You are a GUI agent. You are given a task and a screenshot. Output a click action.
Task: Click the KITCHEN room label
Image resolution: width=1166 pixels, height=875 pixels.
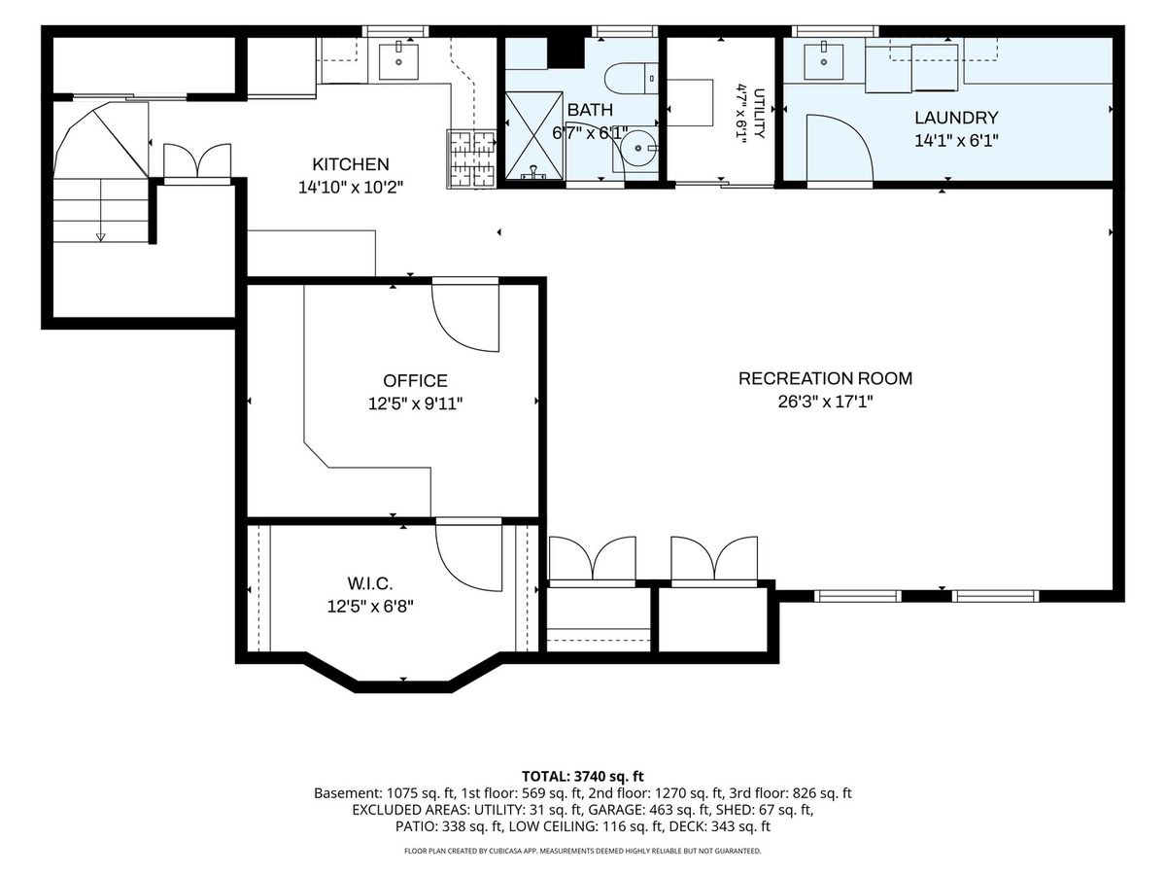350,164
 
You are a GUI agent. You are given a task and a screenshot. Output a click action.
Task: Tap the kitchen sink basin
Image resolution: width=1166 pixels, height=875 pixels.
398,61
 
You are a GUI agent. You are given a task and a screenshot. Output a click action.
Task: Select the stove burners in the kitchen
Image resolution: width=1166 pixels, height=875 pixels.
471,158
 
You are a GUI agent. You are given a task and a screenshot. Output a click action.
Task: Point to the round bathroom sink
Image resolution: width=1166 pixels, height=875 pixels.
634,149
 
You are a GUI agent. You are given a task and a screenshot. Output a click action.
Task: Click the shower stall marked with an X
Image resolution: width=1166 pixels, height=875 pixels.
533,135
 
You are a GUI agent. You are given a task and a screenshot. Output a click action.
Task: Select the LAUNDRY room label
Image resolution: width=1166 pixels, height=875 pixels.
956,118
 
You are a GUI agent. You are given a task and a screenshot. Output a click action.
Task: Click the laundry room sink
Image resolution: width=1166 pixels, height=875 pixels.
823,61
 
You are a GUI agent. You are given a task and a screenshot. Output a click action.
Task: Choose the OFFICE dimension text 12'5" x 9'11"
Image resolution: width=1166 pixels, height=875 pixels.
416,404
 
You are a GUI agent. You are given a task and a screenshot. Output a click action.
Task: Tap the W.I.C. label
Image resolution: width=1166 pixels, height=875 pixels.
370,584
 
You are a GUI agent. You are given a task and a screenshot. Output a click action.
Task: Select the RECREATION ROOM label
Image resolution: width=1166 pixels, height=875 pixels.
826,378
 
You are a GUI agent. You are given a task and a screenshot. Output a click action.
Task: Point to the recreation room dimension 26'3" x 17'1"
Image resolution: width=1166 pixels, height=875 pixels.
826,402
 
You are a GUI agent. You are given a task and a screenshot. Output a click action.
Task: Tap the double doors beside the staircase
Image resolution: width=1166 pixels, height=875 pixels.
197,161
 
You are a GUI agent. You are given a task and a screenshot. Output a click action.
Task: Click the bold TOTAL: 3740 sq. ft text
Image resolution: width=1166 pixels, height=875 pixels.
583,776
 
